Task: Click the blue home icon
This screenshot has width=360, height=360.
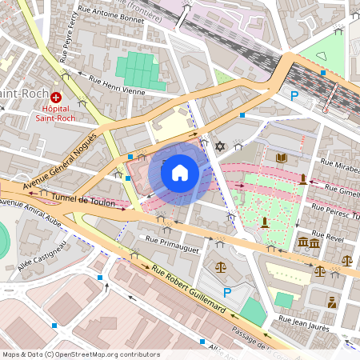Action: point(180,172)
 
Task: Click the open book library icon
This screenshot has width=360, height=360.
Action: point(281,158)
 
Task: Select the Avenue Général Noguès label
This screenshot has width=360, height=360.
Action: point(60,164)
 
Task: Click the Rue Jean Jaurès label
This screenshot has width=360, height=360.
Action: point(305,322)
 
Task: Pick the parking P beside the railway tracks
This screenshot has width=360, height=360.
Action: point(294,95)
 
